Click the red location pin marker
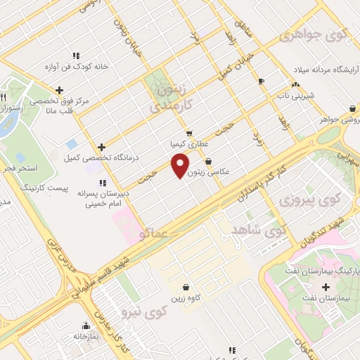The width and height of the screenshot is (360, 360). [181, 166]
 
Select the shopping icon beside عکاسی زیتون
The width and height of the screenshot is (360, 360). [207, 161]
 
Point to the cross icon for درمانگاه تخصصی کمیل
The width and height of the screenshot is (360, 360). [102, 148]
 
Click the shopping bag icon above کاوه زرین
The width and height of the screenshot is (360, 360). [185, 287]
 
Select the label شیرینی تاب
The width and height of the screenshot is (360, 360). [289, 94]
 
